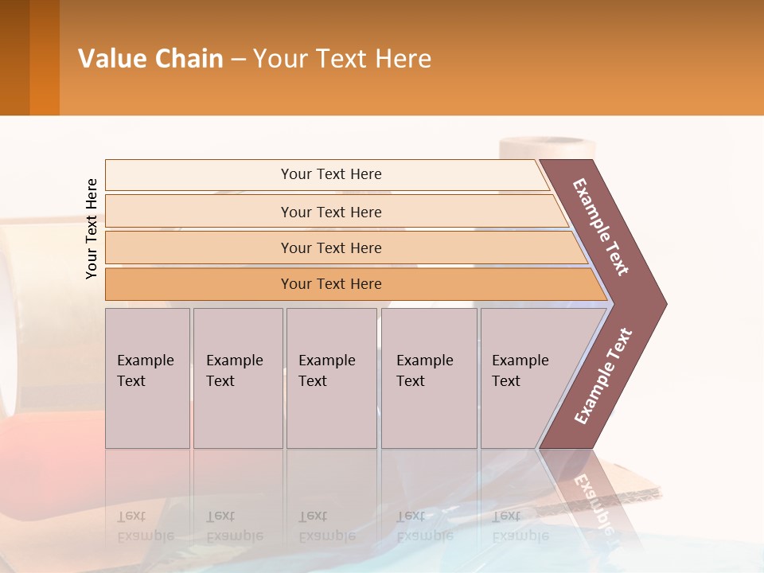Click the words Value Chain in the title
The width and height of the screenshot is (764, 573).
point(150,59)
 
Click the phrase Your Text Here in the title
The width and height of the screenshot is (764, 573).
point(342,59)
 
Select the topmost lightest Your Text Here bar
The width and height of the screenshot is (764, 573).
point(331,174)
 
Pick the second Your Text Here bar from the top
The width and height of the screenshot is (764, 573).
point(331,212)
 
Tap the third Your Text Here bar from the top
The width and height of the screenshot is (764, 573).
point(331,248)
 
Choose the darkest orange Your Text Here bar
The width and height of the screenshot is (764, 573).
point(331,284)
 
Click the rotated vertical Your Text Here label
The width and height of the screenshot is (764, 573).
point(92,229)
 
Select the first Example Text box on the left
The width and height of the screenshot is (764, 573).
point(147,378)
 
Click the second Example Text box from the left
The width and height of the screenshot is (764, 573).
point(237,378)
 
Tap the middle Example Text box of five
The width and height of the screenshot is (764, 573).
point(331,378)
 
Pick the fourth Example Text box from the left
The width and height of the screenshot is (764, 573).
point(428,378)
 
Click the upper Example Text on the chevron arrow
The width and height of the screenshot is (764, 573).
point(601,227)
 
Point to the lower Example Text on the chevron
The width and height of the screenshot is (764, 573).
point(602,376)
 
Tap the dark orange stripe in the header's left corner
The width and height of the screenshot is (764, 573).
point(44,57)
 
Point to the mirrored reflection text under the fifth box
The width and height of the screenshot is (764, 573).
point(519,525)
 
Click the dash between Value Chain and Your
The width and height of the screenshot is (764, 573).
point(238,60)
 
